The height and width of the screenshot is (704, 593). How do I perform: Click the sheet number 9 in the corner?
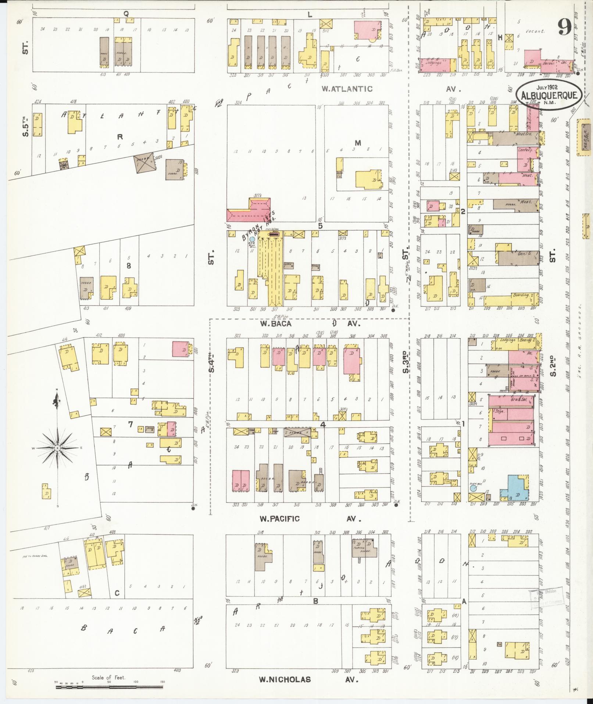tap(564, 27)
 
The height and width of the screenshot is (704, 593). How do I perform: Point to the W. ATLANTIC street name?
tap(347, 89)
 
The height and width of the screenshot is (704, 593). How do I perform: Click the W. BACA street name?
tap(276, 324)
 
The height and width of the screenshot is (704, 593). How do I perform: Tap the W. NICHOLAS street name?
tap(285, 680)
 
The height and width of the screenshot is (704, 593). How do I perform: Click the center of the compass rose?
tap(57, 448)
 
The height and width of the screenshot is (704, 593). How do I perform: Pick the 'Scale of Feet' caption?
tap(108, 678)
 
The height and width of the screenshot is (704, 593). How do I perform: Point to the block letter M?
tap(358, 143)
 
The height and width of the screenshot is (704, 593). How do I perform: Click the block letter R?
tap(119, 137)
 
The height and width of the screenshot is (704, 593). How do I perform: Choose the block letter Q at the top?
tap(126, 14)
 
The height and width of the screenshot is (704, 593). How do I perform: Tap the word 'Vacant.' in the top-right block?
tap(535, 32)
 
